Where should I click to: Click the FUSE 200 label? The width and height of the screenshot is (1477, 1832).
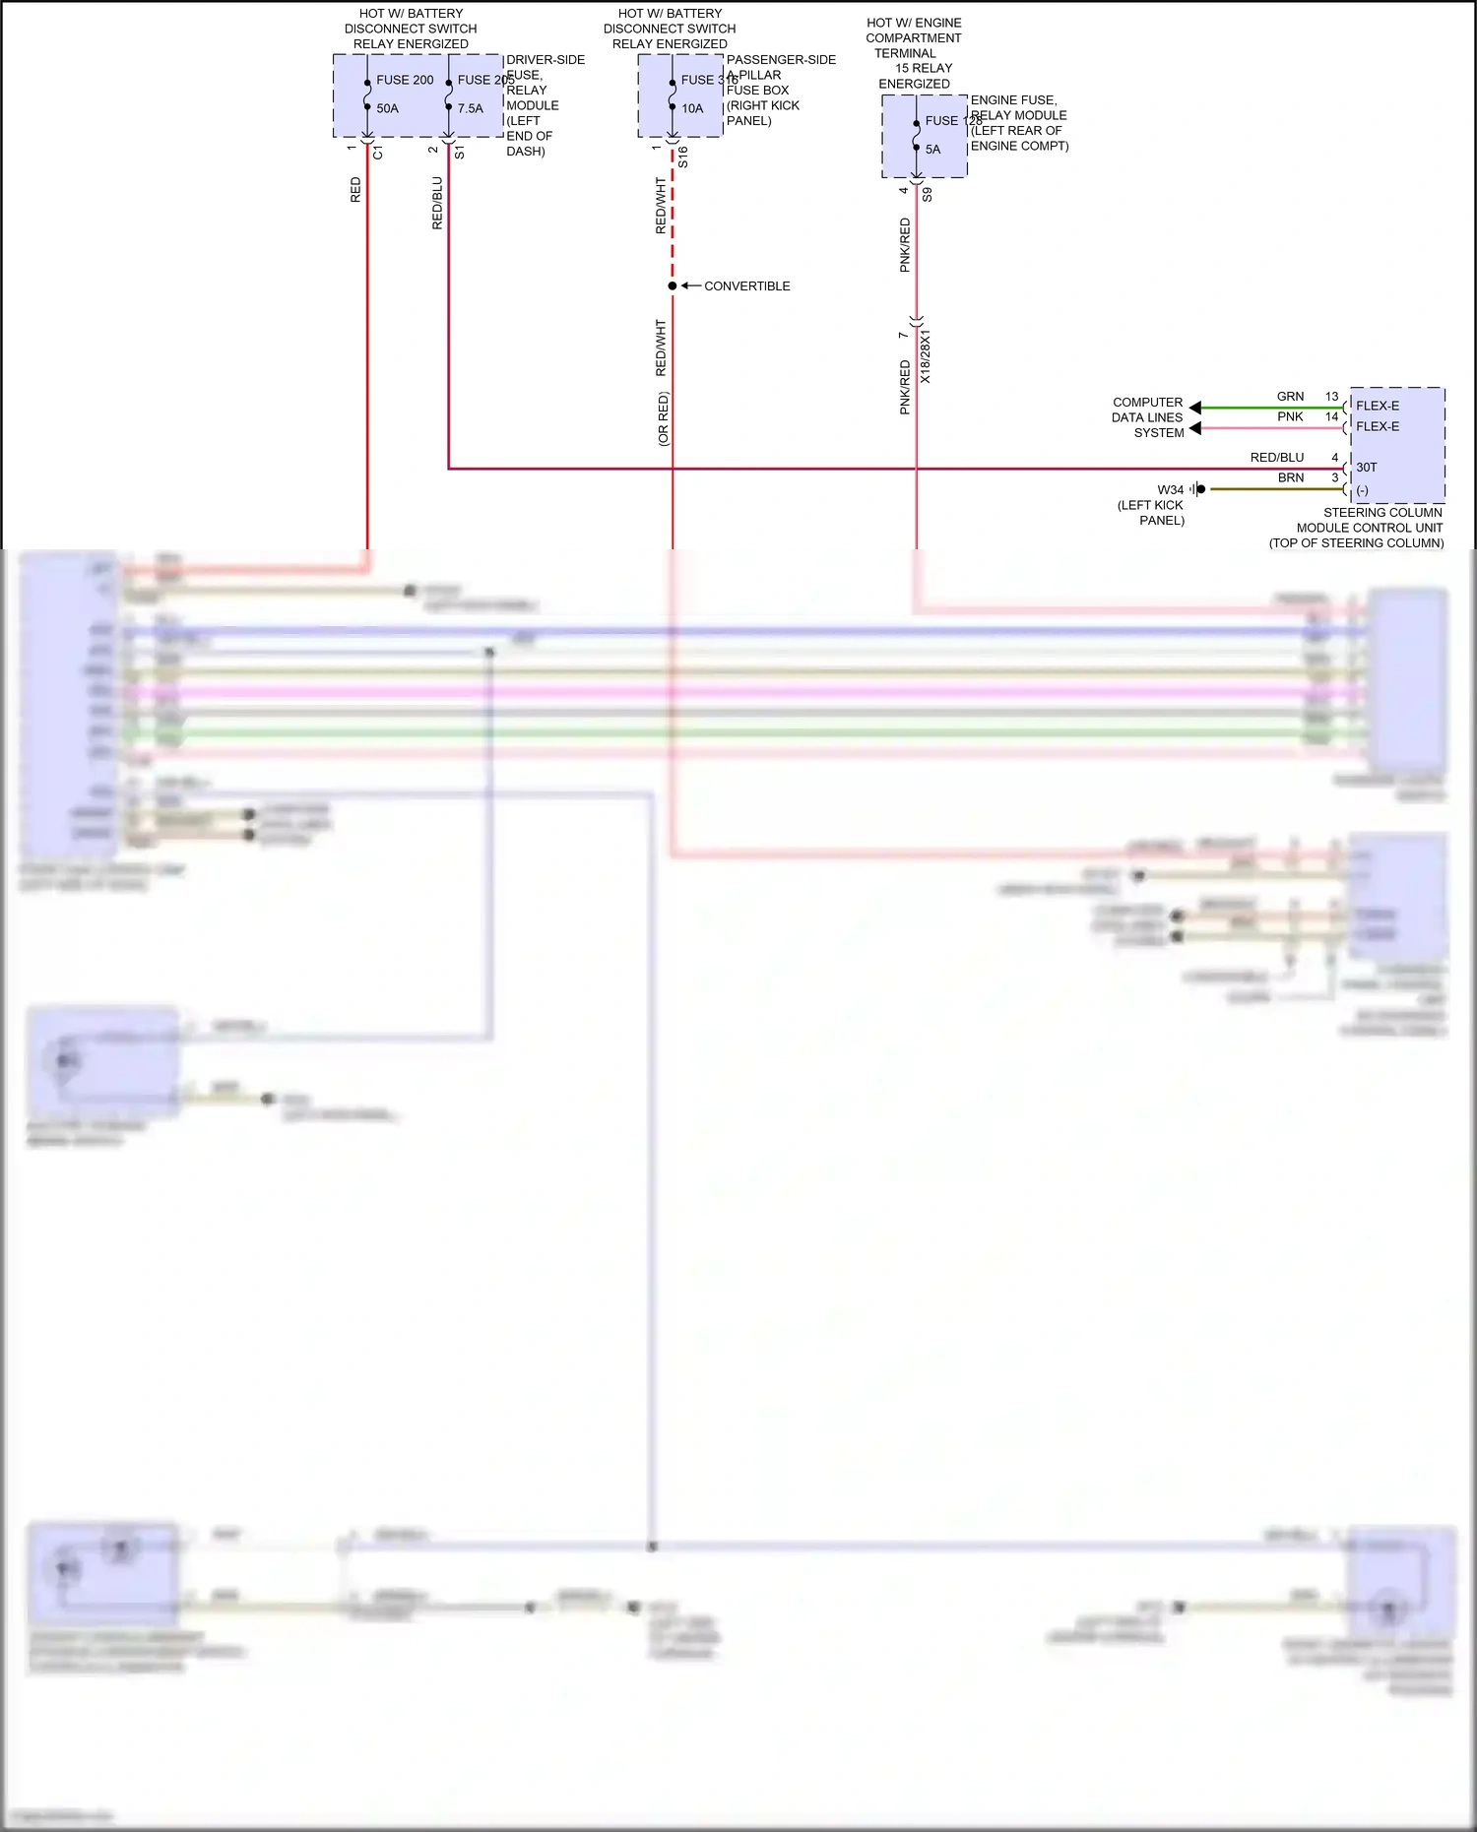[405, 80]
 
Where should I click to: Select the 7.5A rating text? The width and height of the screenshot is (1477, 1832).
[470, 108]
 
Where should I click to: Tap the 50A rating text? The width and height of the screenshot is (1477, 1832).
[387, 108]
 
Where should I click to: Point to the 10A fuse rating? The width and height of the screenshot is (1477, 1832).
[692, 108]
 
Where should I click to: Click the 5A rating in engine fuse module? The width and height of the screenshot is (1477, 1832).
[932, 150]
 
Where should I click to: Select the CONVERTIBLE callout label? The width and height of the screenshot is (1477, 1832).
[746, 286]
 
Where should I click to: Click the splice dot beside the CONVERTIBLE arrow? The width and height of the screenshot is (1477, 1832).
[673, 286]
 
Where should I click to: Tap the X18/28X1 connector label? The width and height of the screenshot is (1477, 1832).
[925, 356]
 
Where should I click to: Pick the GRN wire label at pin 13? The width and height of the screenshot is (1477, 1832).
[1290, 397]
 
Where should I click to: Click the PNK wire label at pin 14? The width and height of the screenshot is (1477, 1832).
[1290, 417]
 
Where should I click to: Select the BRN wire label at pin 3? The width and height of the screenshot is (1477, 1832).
[1290, 478]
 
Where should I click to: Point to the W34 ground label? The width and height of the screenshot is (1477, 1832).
[1170, 490]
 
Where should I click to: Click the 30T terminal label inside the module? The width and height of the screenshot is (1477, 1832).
[1367, 468]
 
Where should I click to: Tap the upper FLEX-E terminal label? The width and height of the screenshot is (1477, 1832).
[1377, 406]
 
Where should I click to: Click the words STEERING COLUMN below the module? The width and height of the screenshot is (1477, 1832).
[1382, 513]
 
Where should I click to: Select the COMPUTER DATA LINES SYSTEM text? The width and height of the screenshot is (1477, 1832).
[1147, 417]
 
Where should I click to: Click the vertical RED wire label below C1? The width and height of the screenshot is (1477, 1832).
[355, 190]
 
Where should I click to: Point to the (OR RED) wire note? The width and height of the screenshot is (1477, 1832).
[663, 419]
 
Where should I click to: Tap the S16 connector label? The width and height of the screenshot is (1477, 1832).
[682, 157]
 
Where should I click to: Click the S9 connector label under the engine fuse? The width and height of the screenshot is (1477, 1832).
[927, 195]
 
